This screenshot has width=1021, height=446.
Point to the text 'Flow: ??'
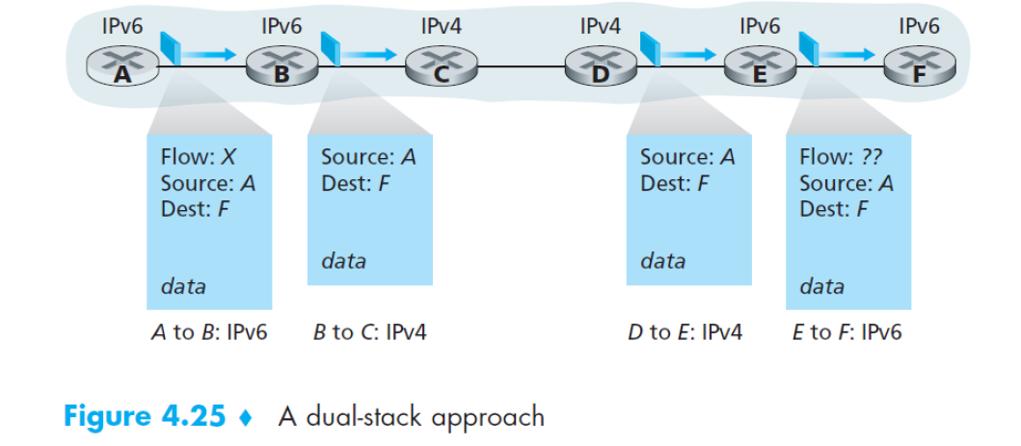point(840,157)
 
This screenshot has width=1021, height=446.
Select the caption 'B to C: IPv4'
point(369,332)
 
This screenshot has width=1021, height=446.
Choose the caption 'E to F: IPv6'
point(846,332)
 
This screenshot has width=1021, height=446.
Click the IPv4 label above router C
point(441,27)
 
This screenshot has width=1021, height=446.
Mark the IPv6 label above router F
point(919,27)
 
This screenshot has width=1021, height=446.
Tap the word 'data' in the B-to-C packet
point(343,260)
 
